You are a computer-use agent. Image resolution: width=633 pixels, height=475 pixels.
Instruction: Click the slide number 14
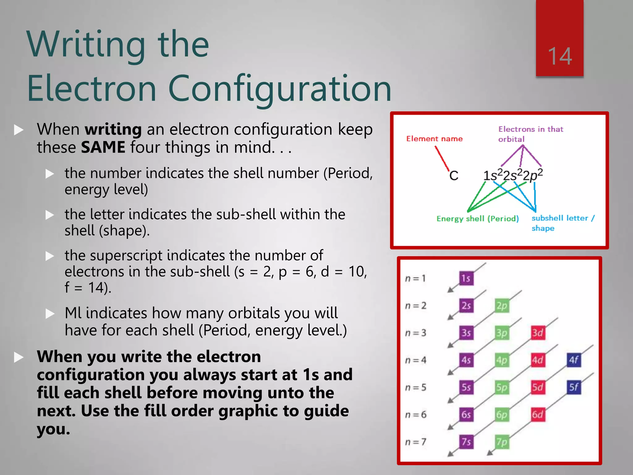pyautogui.click(x=560, y=56)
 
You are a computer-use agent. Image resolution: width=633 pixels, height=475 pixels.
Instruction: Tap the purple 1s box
pyautogui.click(x=466, y=278)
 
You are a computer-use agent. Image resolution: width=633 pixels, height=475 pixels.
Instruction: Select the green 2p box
pyautogui.click(x=502, y=306)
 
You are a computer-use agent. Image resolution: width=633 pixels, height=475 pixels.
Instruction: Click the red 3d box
pyautogui.click(x=537, y=333)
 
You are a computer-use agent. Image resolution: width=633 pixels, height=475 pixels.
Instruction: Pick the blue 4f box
pyautogui.click(x=574, y=360)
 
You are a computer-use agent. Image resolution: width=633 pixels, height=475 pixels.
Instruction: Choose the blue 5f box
pyautogui.click(x=574, y=387)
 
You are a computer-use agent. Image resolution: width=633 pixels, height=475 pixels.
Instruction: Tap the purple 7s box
pyautogui.click(x=466, y=442)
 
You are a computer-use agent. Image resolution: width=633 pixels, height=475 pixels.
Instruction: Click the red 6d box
pyautogui.click(x=537, y=414)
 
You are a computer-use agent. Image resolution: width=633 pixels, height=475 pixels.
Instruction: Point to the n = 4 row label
pyautogui.click(x=416, y=360)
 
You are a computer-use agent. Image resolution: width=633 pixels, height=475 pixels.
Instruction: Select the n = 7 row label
pyautogui.click(x=416, y=442)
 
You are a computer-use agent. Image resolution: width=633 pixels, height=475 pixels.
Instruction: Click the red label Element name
pyautogui.click(x=434, y=139)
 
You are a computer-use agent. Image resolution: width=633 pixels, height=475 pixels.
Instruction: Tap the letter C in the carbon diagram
pyautogui.click(x=453, y=176)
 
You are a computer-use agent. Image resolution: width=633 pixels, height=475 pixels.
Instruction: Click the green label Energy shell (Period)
pyautogui.click(x=478, y=219)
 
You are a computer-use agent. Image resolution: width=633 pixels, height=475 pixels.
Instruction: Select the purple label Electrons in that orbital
pyautogui.click(x=530, y=134)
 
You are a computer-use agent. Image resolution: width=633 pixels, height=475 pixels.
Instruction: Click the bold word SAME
pyautogui.click(x=103, y=147)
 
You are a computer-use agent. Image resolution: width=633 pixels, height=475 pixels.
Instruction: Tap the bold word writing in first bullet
pyautogui.click(x=113, y=129)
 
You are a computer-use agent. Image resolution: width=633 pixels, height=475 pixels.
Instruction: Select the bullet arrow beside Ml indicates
pyautogui.click(x=50, y=314)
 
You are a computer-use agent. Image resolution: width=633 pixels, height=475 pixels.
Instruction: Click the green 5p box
pyautogui.click(x=502, y=387)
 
